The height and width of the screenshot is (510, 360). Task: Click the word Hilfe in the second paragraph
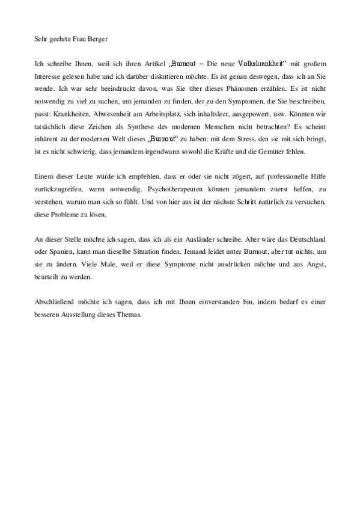[x=316, y=176]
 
